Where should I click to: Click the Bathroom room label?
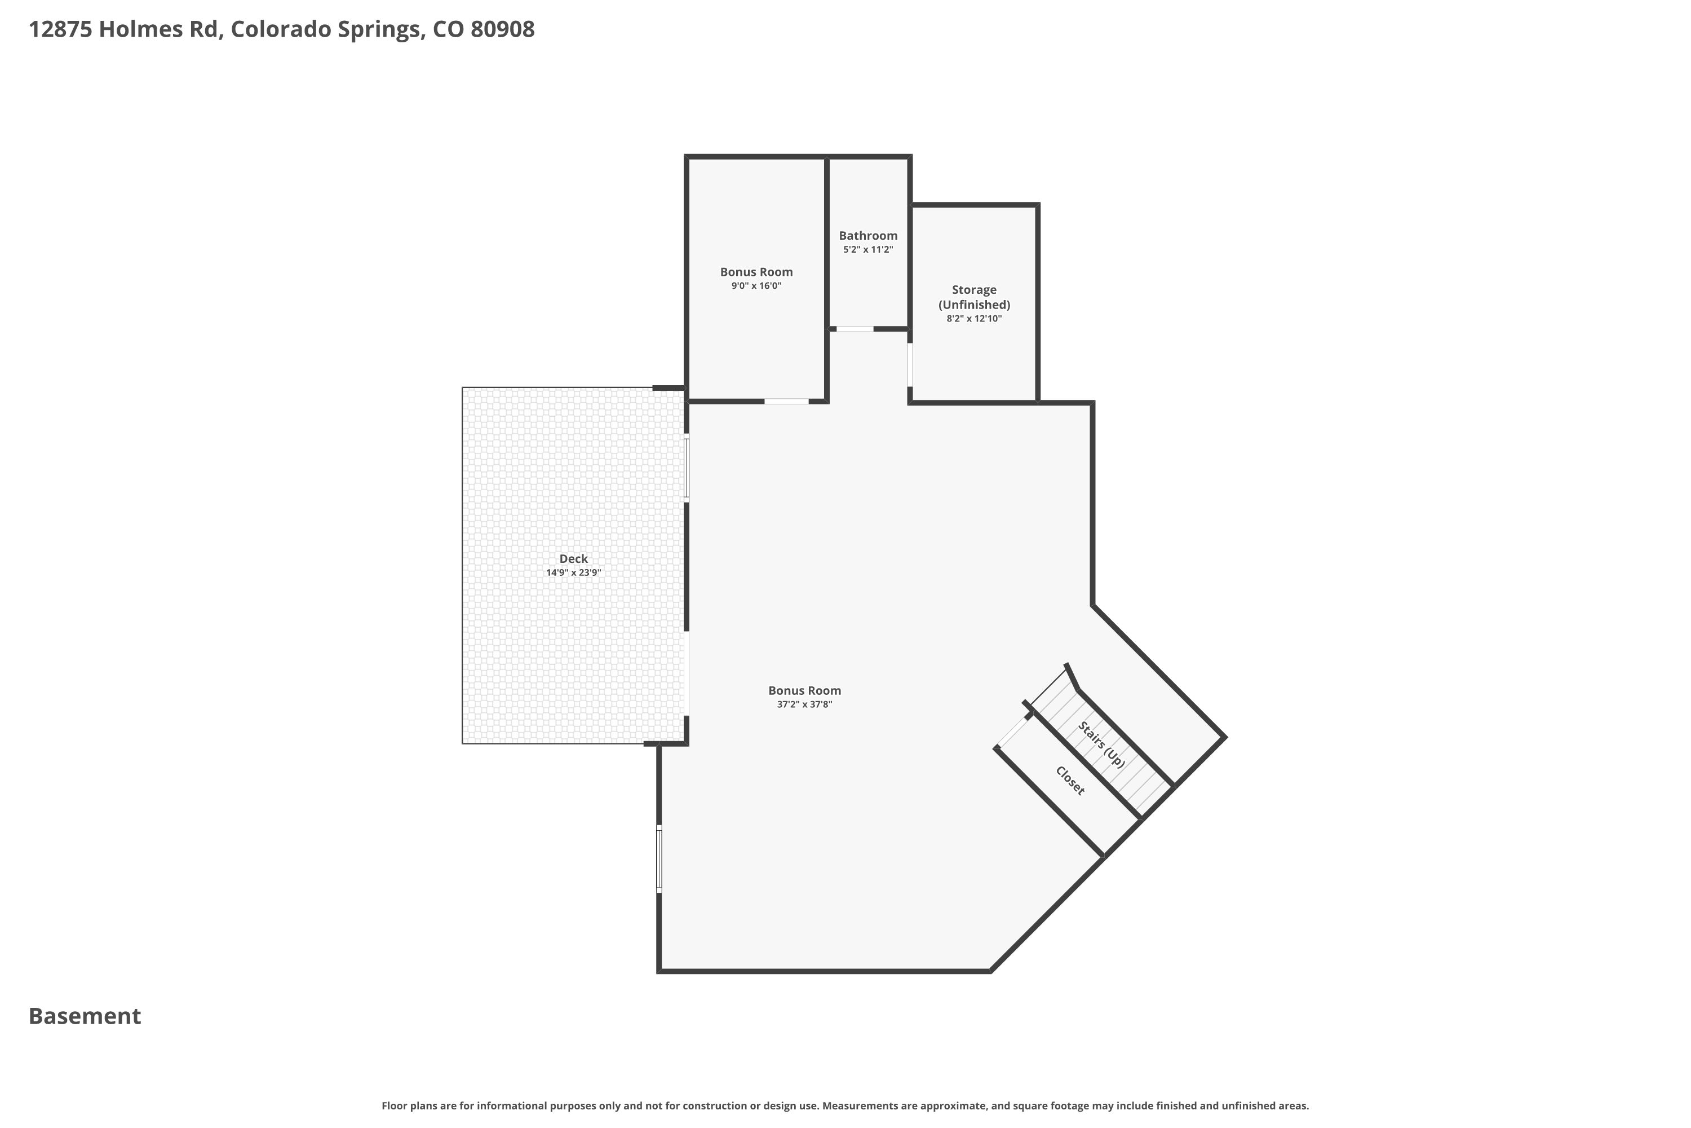click(868, 235)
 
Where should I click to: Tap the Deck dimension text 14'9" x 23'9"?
click(573, 572)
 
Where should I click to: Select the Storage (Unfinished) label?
click(974, 297)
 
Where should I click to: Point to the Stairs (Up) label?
click(1101, 744)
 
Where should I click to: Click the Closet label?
click(1070, 781)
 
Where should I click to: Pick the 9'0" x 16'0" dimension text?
click(756, 285)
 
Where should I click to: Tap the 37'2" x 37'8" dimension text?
click(804, 704)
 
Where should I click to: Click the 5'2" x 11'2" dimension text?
click(868, 250)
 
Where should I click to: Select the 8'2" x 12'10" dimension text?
click(974, 319)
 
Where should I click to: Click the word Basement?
click(85, 1016)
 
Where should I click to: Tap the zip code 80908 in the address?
click(503, 29)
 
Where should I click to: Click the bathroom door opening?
click(855, 329)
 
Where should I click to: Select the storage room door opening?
click(910, 365)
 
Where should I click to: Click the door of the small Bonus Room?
click(786, 400)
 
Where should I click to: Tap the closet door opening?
click(1013, 732)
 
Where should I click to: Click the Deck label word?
click(573, 559)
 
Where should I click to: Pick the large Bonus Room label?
click(804, 690)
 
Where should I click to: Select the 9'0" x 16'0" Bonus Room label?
click(756, 272)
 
